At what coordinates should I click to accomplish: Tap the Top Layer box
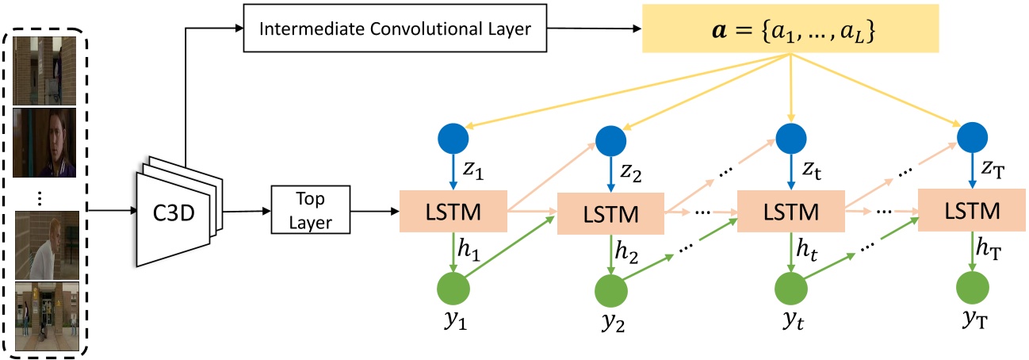312,211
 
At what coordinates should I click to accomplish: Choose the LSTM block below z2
609,213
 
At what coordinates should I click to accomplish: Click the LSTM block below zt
790,211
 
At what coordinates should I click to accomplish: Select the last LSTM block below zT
970,211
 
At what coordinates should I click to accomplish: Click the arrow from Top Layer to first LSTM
373,212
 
